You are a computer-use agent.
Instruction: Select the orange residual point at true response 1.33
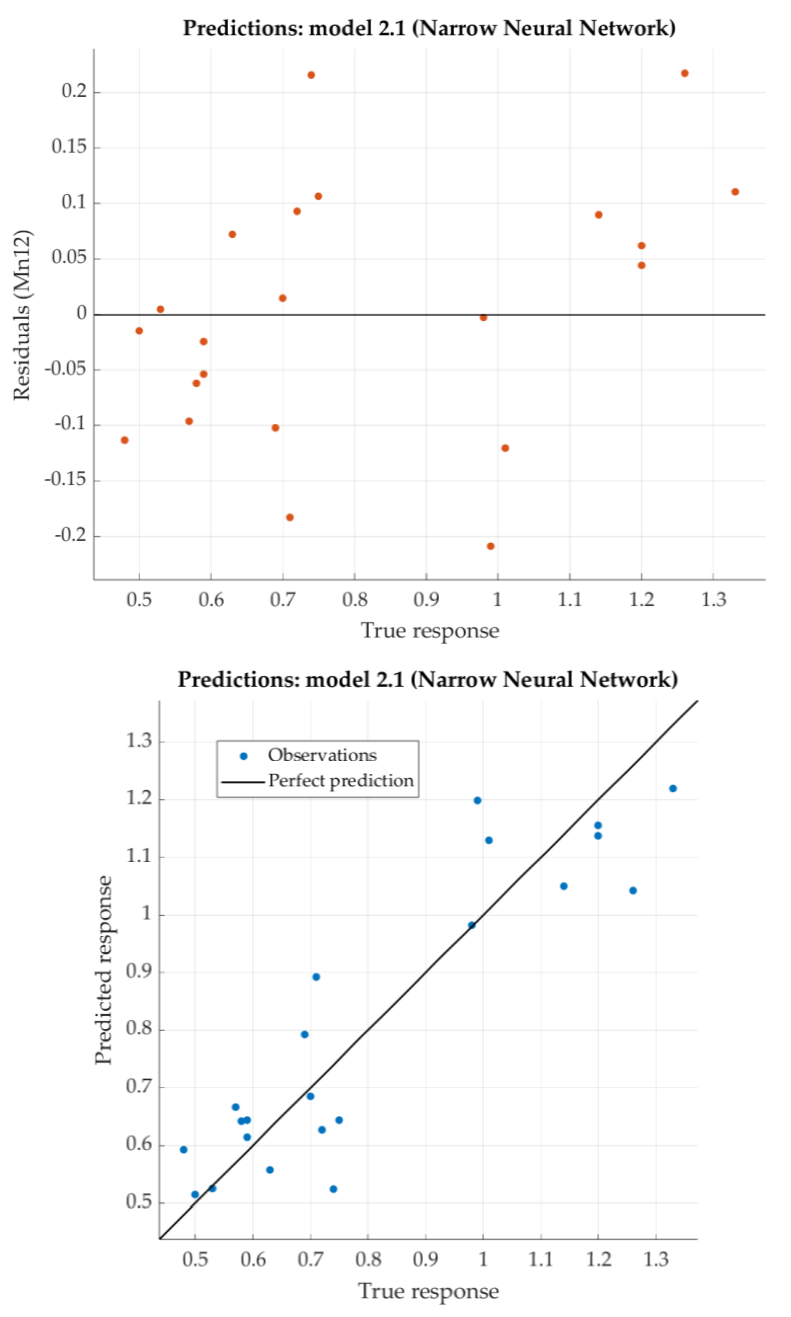pos(735,192)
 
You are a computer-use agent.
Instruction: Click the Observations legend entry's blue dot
pos(244,755)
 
